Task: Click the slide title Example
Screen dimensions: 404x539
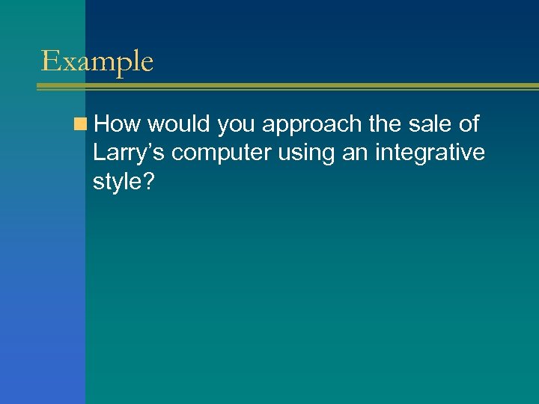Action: tap(97, 61)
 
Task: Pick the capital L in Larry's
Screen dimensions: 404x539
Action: tap(99, 153)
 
